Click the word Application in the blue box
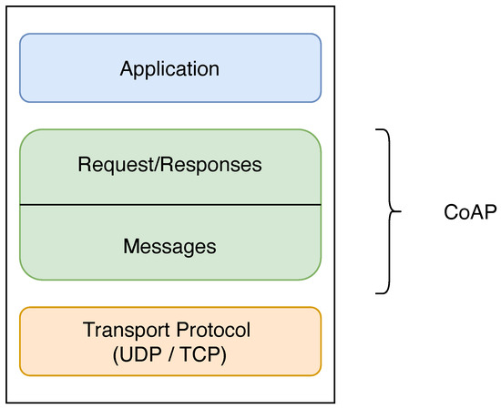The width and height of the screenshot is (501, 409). pyautogui.click(x=169, y=68)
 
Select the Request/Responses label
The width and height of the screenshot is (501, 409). pyautogui.click(x=169, y=165)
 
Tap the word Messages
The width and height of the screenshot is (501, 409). pyautogui.click(x=169, y=246)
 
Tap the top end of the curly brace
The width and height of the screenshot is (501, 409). pyautogui.click(x=376, y=130)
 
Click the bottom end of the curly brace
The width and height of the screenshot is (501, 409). pyautogui.click(x=376, y=293)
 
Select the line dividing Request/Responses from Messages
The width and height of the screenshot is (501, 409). pyautogui.click(x=169, y=205)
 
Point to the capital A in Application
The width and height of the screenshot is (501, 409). pyautogui.click(x=126, y=68)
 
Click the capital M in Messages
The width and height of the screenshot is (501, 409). pyautogui.click(x=128, y=246)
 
